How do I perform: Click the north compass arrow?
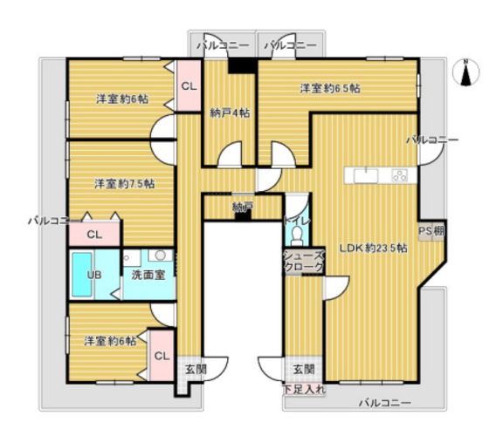coord(466,75)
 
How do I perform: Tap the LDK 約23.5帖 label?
coord(374,248)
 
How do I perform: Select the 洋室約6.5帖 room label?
coord(330,88)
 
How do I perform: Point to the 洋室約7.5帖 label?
coord(125,184)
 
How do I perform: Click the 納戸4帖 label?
coord(230,113)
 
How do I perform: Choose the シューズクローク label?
coord(304,261)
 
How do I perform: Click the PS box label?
coord(425,230)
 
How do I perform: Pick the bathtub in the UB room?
coord(81,275)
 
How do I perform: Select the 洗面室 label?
coord(148,275)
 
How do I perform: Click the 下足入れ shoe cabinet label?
coord(305,390)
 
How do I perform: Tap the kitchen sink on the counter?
coord(366,176)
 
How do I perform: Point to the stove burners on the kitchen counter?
coord(400,175)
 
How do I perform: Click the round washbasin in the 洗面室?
coord(161,255)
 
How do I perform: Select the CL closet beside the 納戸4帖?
coord(189,85)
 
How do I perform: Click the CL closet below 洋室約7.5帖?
coord(94,235)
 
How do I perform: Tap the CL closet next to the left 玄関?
coord(162,356)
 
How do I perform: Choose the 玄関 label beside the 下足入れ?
coord(304,370)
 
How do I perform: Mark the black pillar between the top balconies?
coord(243,65)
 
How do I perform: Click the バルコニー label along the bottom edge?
coord(384,403)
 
